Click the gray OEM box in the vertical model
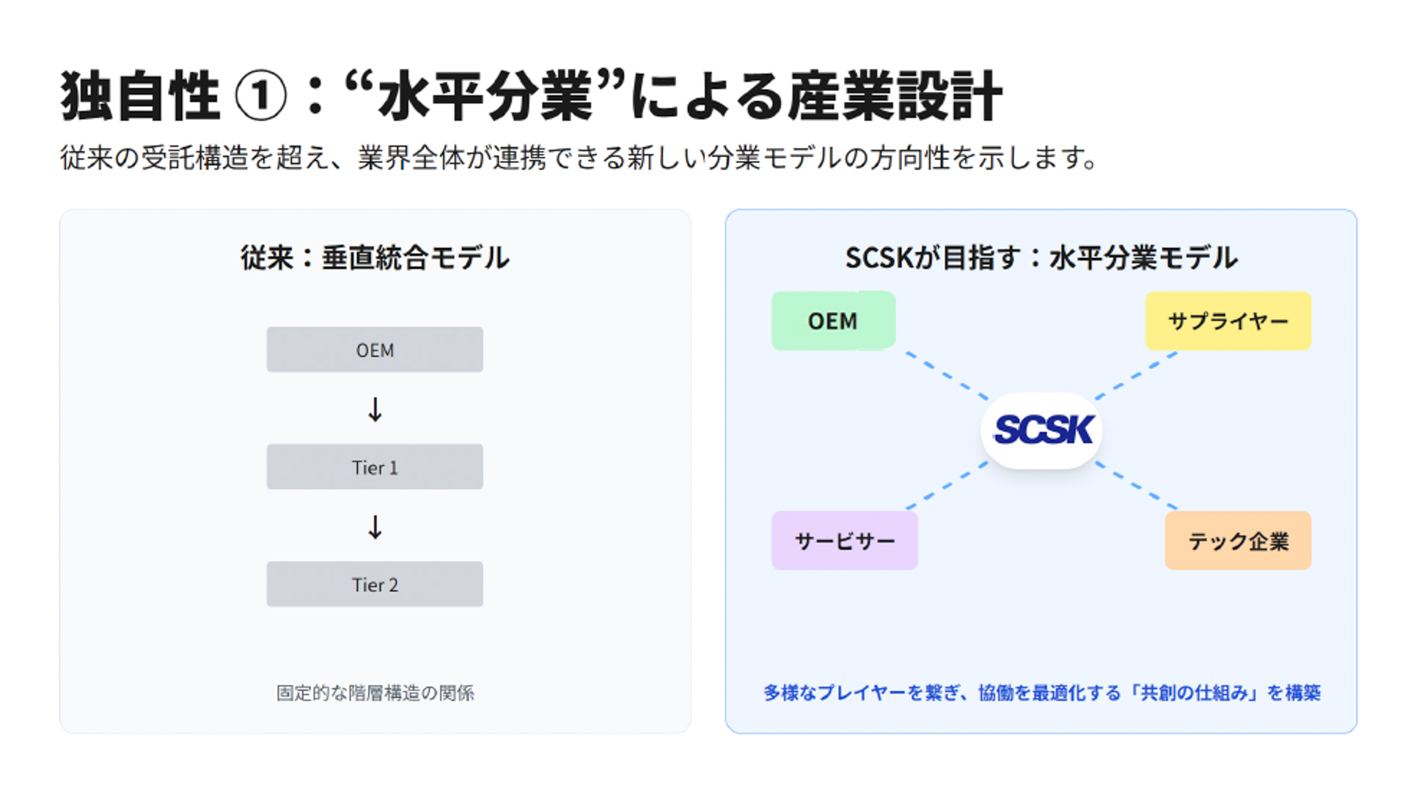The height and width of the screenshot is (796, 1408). tap(374, 350)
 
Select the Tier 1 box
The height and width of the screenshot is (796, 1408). tap(374, 467)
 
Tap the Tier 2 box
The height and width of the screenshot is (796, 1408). tap(374, 585)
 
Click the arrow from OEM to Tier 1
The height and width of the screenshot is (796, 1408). tap(375, 409)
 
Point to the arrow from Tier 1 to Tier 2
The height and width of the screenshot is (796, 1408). tap(375, 527)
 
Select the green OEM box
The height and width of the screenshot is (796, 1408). tap(833, 321)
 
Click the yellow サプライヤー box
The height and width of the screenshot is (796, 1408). tap(1228, 321)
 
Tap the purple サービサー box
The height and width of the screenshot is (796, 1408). tap(845, 541)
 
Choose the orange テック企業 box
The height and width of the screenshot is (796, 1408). tap(1238, 541)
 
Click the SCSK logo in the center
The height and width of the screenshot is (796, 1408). tap(1042, 431)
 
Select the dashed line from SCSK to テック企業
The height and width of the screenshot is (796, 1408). tap(1137, 486)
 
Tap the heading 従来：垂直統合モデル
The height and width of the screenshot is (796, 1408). tap(375, 258)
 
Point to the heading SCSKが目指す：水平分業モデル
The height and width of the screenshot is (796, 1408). tap(1041, 258)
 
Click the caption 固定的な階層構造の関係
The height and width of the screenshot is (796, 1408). tap(375, 693)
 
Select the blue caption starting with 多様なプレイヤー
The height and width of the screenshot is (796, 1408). tap(1041, 693)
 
